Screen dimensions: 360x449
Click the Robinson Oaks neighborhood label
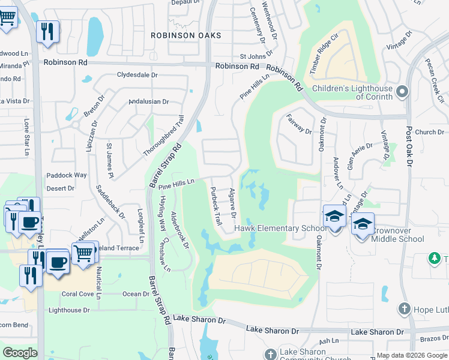pos(186,35)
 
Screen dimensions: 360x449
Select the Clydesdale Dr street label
pos(137,75)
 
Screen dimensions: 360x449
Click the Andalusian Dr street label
pos(149,101)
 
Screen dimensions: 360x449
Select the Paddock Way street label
pos(67,175)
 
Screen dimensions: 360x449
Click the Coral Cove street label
pos(76,294)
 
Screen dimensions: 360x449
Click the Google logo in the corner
pos(20,352)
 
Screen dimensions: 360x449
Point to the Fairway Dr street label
pos(300,124)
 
